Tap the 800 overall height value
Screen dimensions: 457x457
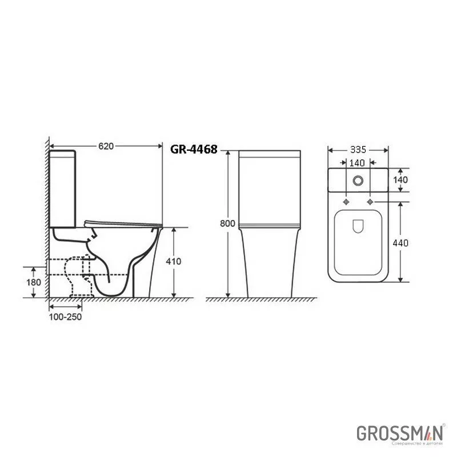227,224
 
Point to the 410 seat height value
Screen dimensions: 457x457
174,262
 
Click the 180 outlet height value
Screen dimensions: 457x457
34,283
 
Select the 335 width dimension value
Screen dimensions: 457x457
358,150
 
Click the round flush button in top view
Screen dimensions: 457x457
358,180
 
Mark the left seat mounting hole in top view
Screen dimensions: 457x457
347,202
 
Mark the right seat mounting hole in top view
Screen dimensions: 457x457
370,202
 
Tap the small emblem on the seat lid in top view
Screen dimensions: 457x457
358,226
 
